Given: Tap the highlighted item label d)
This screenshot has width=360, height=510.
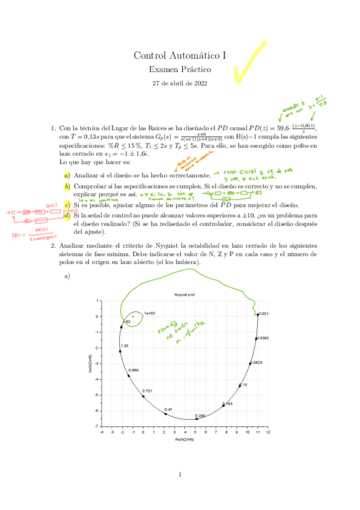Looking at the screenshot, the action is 67,215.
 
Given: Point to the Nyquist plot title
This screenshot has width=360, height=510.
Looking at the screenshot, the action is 183,295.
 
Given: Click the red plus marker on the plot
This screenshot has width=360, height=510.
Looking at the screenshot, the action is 133,316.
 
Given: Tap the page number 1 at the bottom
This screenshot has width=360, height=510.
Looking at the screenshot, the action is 180,476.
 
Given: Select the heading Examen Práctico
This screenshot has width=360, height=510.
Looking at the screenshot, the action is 180,70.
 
